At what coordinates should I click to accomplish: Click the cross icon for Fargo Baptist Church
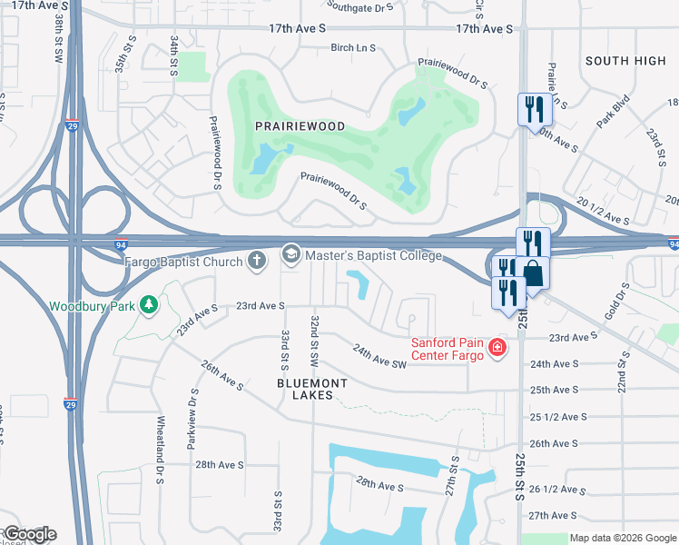pyautogui.click(x=257, y=262)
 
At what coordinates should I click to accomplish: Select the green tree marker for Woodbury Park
pyautogui.click(x=146, y=305)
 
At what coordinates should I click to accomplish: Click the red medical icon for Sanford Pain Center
pyautogui.click(x=496, y=347)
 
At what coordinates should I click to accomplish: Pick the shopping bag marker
pyautogui.click(x=535, y=272)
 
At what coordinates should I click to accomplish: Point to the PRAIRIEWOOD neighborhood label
pyautogui.click(x=300, y=126)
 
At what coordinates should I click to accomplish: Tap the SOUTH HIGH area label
pyautogui.click(x=625, y=61)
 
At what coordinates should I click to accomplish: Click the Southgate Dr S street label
pyautogui.click(x=362, y=7)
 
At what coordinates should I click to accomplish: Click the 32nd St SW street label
pyautogui.click(x=314, y=341)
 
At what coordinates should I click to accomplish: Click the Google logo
pyautogui.click(x=29, y=534)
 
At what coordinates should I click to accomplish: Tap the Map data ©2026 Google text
pyautogui.click(x=622, y=538)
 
